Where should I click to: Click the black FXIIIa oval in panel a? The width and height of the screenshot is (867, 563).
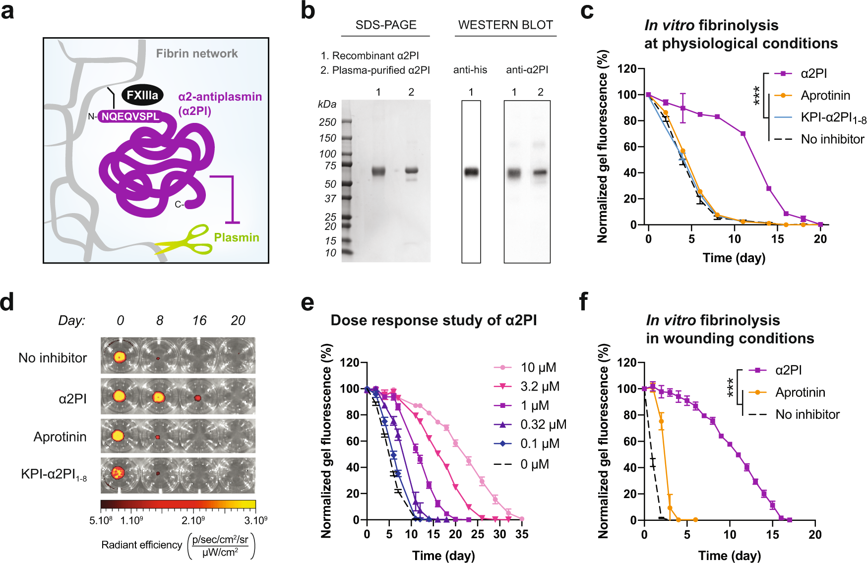142,95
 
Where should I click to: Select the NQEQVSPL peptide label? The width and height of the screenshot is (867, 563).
130,116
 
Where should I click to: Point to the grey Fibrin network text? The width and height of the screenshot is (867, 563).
197,54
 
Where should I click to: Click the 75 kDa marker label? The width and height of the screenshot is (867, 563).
330,166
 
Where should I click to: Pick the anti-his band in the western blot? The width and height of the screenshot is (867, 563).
471,172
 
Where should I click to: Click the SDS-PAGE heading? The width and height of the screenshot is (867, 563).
386,25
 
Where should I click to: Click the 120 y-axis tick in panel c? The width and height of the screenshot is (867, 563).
627,68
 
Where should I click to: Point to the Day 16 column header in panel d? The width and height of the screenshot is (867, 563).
199,321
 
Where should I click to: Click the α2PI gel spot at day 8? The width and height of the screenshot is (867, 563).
158,396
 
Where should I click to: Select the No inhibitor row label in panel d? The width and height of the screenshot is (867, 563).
53,358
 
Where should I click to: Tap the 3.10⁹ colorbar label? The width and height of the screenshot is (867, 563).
256,520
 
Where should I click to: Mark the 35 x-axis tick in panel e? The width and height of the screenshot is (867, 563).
522,534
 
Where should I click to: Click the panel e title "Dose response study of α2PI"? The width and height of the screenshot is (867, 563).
433,320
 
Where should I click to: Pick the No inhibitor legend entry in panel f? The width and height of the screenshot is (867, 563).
794,414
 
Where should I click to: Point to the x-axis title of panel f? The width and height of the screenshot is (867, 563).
730,556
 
